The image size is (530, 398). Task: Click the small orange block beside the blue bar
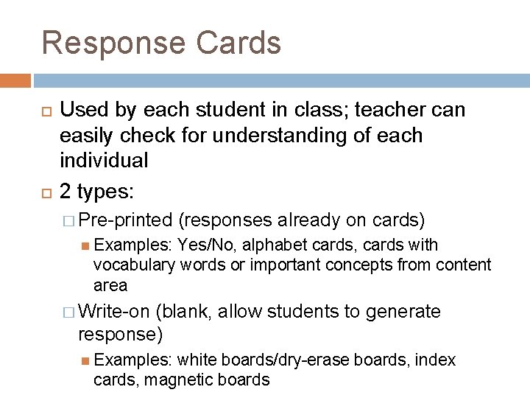(15, 80)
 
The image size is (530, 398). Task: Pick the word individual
(104, 160)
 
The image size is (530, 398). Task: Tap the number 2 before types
(65, 192)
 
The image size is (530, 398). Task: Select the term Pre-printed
(125, 220)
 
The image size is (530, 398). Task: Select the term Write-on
(113, 313)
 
